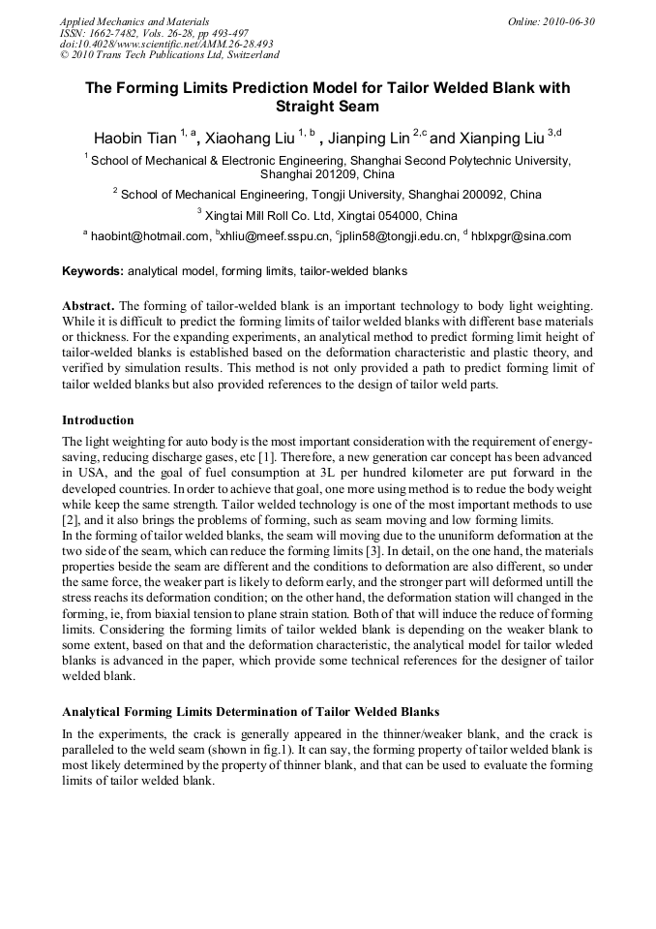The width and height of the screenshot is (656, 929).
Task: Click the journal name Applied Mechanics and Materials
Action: [134, 21]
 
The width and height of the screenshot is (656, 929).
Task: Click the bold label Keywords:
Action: [92, 271]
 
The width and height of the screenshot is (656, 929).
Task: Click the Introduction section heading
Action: [98, 420]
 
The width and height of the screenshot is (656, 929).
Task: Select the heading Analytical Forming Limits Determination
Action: [251, 712]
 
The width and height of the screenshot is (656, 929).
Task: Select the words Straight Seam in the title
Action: [327, 107]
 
